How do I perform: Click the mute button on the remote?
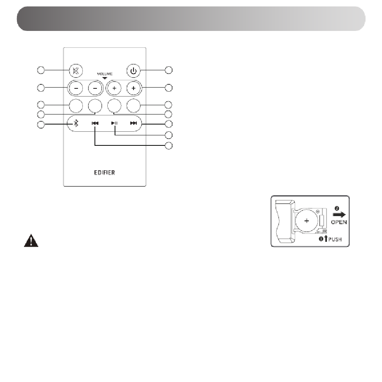coord(76,71)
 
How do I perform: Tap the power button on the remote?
coord(133,71)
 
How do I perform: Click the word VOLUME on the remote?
coord(105,74)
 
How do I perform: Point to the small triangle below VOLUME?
coord(105,78)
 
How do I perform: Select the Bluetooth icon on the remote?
coord(76,123)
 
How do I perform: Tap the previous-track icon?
coord(95,123)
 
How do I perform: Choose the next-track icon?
coord(133,123)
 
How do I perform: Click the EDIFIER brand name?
coord(105,172)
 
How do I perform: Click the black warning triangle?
coord(31,241)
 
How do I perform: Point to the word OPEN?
coord(339,222)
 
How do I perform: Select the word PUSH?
coord(335,239)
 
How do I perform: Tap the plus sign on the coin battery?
coord(307,221)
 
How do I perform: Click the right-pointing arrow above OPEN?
coord(339,214)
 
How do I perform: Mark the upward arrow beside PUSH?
coord(326,239)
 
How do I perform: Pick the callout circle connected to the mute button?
coord(41,70)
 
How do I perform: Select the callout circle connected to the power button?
coord(168,70)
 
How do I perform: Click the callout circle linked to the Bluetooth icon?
coord(41,125)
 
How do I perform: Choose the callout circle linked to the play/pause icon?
coord(168,135)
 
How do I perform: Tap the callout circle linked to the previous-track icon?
coord(168,146)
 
